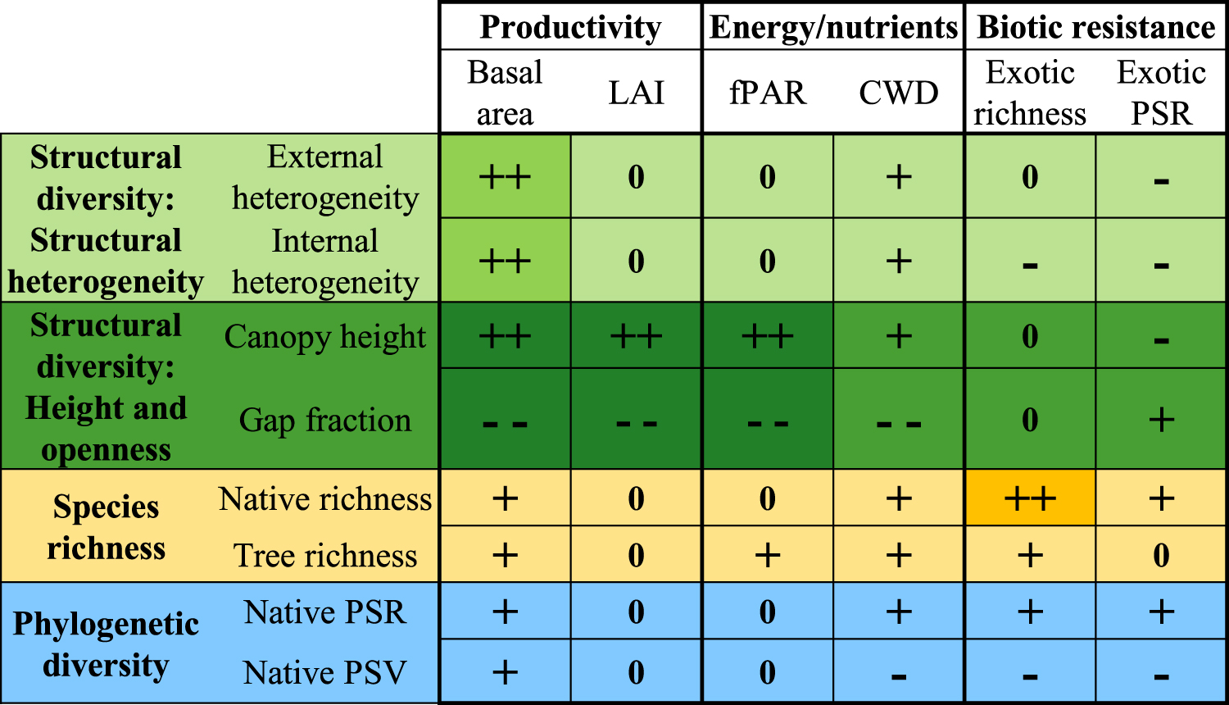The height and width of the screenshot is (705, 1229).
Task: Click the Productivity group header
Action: coord(570,27)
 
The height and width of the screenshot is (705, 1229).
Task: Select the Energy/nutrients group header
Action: coord(833,27)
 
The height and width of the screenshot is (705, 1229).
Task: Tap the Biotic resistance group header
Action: coord(1095,27)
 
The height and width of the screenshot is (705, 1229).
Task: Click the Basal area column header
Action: coord(505,93)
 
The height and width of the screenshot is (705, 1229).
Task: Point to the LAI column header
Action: coord(636,93)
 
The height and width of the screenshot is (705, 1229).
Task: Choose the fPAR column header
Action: coord(768,93)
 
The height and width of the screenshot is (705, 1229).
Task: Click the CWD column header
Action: coord(899,93)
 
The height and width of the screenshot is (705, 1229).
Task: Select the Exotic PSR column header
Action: coord(1161,93)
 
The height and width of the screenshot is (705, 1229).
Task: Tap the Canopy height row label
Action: coord(325,336)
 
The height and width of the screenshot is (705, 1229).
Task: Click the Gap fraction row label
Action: coord(325,420)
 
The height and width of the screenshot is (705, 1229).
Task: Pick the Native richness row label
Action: coord(325,498)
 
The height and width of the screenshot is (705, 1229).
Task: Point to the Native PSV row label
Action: coord(325,672)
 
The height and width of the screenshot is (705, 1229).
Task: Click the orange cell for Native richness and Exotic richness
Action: coord(1030,498)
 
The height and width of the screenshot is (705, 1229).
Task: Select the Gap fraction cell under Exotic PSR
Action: coord(1161,420)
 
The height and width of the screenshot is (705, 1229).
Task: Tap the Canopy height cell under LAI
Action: coord(636,336)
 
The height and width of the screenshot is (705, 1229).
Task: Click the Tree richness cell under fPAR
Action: coord(768,555)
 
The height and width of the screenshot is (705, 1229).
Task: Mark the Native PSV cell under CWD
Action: coord(899,672)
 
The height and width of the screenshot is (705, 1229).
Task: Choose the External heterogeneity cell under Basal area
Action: coord(505,176)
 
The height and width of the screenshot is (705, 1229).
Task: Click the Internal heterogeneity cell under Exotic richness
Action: coord(1030,262)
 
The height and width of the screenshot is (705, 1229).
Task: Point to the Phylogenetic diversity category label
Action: coord(106,644)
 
